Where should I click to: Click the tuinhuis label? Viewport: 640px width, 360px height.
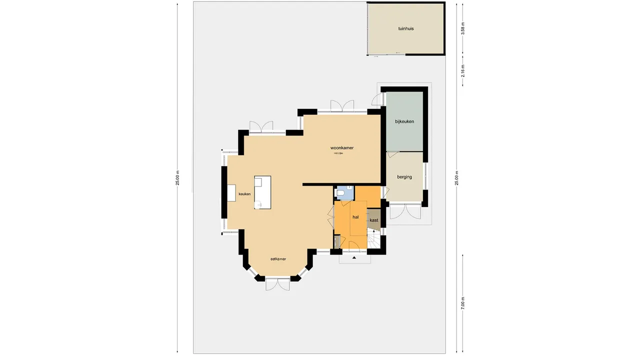[x=405, y=28]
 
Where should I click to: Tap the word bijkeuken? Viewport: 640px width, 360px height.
[x=404, y=121]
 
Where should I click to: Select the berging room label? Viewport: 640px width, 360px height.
[x=404, y=177]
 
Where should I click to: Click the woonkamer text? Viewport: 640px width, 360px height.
[x=342, y=148]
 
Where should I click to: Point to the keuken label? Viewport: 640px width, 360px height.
[x=244, y=194]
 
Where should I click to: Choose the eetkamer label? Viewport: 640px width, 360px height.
[x=278, y=259]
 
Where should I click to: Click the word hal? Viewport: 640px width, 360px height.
[x=355, y=217]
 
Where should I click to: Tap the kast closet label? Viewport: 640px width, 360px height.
[x=373, y=220]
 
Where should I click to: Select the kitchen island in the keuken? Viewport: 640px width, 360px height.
[x=262, y=192]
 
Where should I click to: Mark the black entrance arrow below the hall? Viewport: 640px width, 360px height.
[x=354, y=258]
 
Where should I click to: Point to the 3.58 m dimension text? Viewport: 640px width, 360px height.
[x=463, y=28]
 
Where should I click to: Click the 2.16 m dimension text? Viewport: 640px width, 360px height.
[x=463, y=71]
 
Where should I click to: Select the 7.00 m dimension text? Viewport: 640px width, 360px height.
[x=463, y=303]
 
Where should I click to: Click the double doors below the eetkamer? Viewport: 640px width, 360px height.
[x=277, y=284]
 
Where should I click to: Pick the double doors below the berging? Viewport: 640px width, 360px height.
[x=405, y=212]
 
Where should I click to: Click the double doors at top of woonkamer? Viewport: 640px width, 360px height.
[x=342, y=106]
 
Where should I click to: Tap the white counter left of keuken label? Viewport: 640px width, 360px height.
[x=231, y=193]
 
